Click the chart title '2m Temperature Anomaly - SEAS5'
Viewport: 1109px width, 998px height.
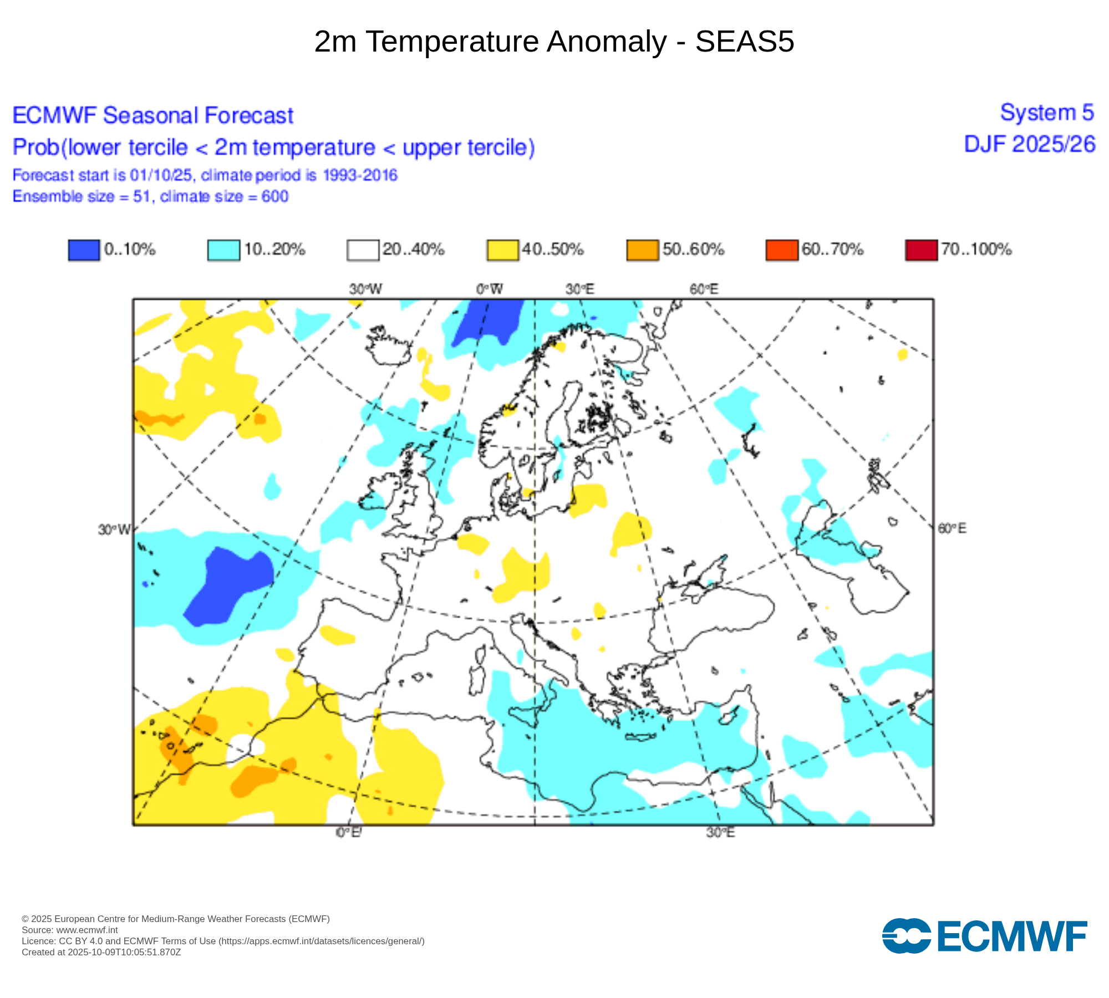tap(554, 42)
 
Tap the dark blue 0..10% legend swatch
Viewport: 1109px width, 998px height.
tap(84, 249)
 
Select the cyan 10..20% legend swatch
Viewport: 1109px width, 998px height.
tap(223, 249)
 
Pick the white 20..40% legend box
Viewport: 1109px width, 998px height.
tap(363, 249)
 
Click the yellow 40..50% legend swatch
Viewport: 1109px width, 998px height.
tap(502, 249)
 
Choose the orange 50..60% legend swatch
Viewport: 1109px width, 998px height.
tap(642, 249)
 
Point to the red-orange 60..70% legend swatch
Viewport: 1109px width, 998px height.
tap(781, 249)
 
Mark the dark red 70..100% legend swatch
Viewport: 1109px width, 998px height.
tap(921, 249)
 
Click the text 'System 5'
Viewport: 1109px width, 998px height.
tap(1046, 113)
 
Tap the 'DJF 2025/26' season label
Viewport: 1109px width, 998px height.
tap(1029, 144)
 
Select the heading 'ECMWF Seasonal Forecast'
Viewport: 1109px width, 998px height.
tap(152, 115)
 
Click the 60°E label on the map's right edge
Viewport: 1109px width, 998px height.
tap(952, 528)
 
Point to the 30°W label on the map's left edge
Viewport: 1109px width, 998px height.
tap(114, 530)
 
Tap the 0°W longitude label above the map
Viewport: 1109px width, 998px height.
tap(489, 289)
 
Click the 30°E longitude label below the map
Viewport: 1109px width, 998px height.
tap(720, 833)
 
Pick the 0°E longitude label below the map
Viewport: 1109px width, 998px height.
tap(349, 833)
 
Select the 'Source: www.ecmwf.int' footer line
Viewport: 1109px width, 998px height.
tap(70, 930)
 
